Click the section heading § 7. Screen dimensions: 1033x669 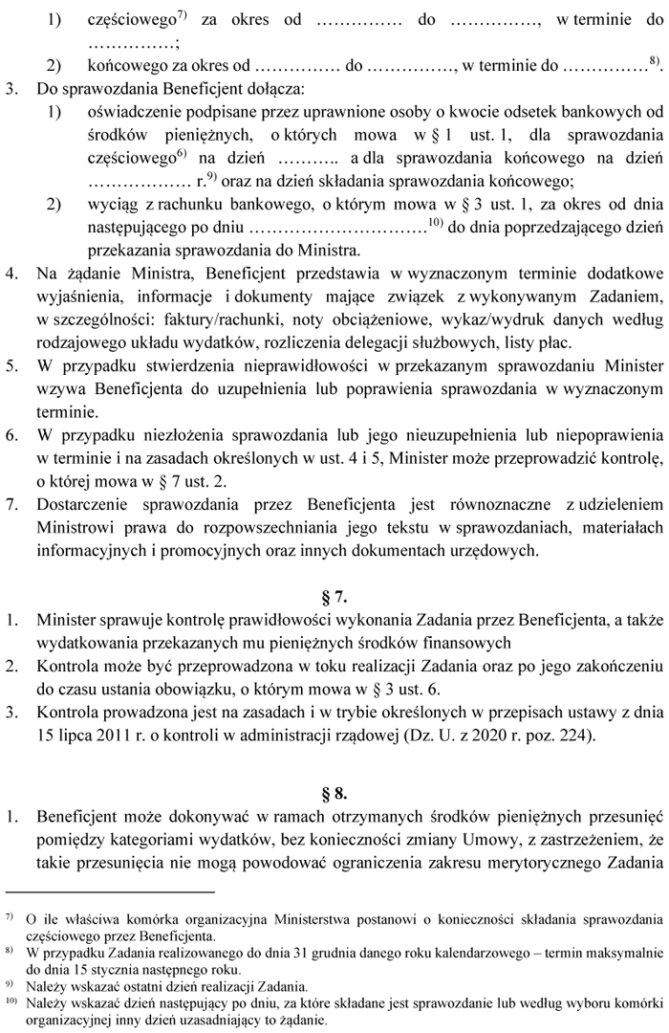(x=334, y=598)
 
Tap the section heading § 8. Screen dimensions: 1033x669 (x=334, y=792)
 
